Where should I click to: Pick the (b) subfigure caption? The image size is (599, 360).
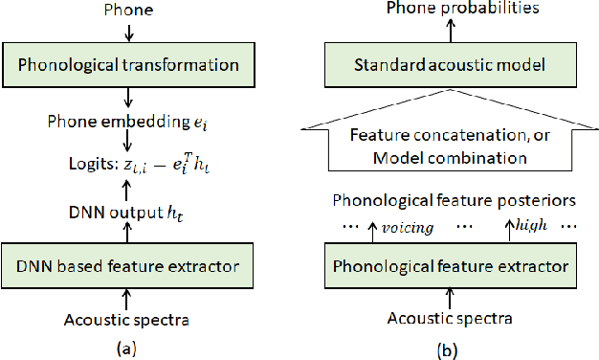click(447, 350)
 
